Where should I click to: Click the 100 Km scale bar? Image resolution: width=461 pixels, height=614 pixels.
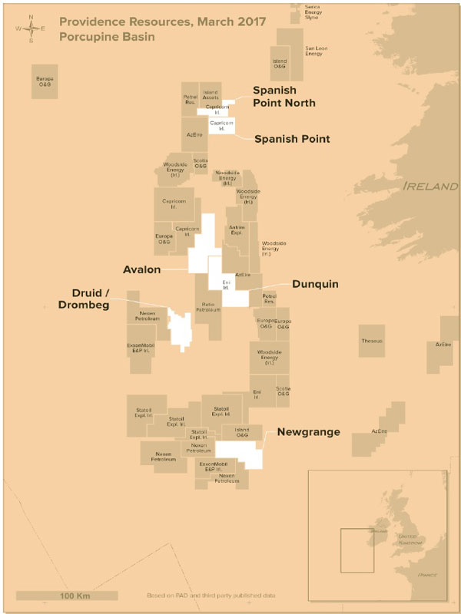(x=67, y=595)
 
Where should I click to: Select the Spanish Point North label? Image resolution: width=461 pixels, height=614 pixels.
(x=284, y=96)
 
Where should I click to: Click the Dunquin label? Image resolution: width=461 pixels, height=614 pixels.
(x=315, y=284)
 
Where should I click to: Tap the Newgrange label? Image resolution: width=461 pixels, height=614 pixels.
(x=308, y=433)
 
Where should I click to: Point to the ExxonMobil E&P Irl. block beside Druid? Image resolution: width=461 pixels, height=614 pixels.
(x=141, y=348)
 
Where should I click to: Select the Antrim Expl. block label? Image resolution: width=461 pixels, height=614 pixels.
(x=236, y=230)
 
